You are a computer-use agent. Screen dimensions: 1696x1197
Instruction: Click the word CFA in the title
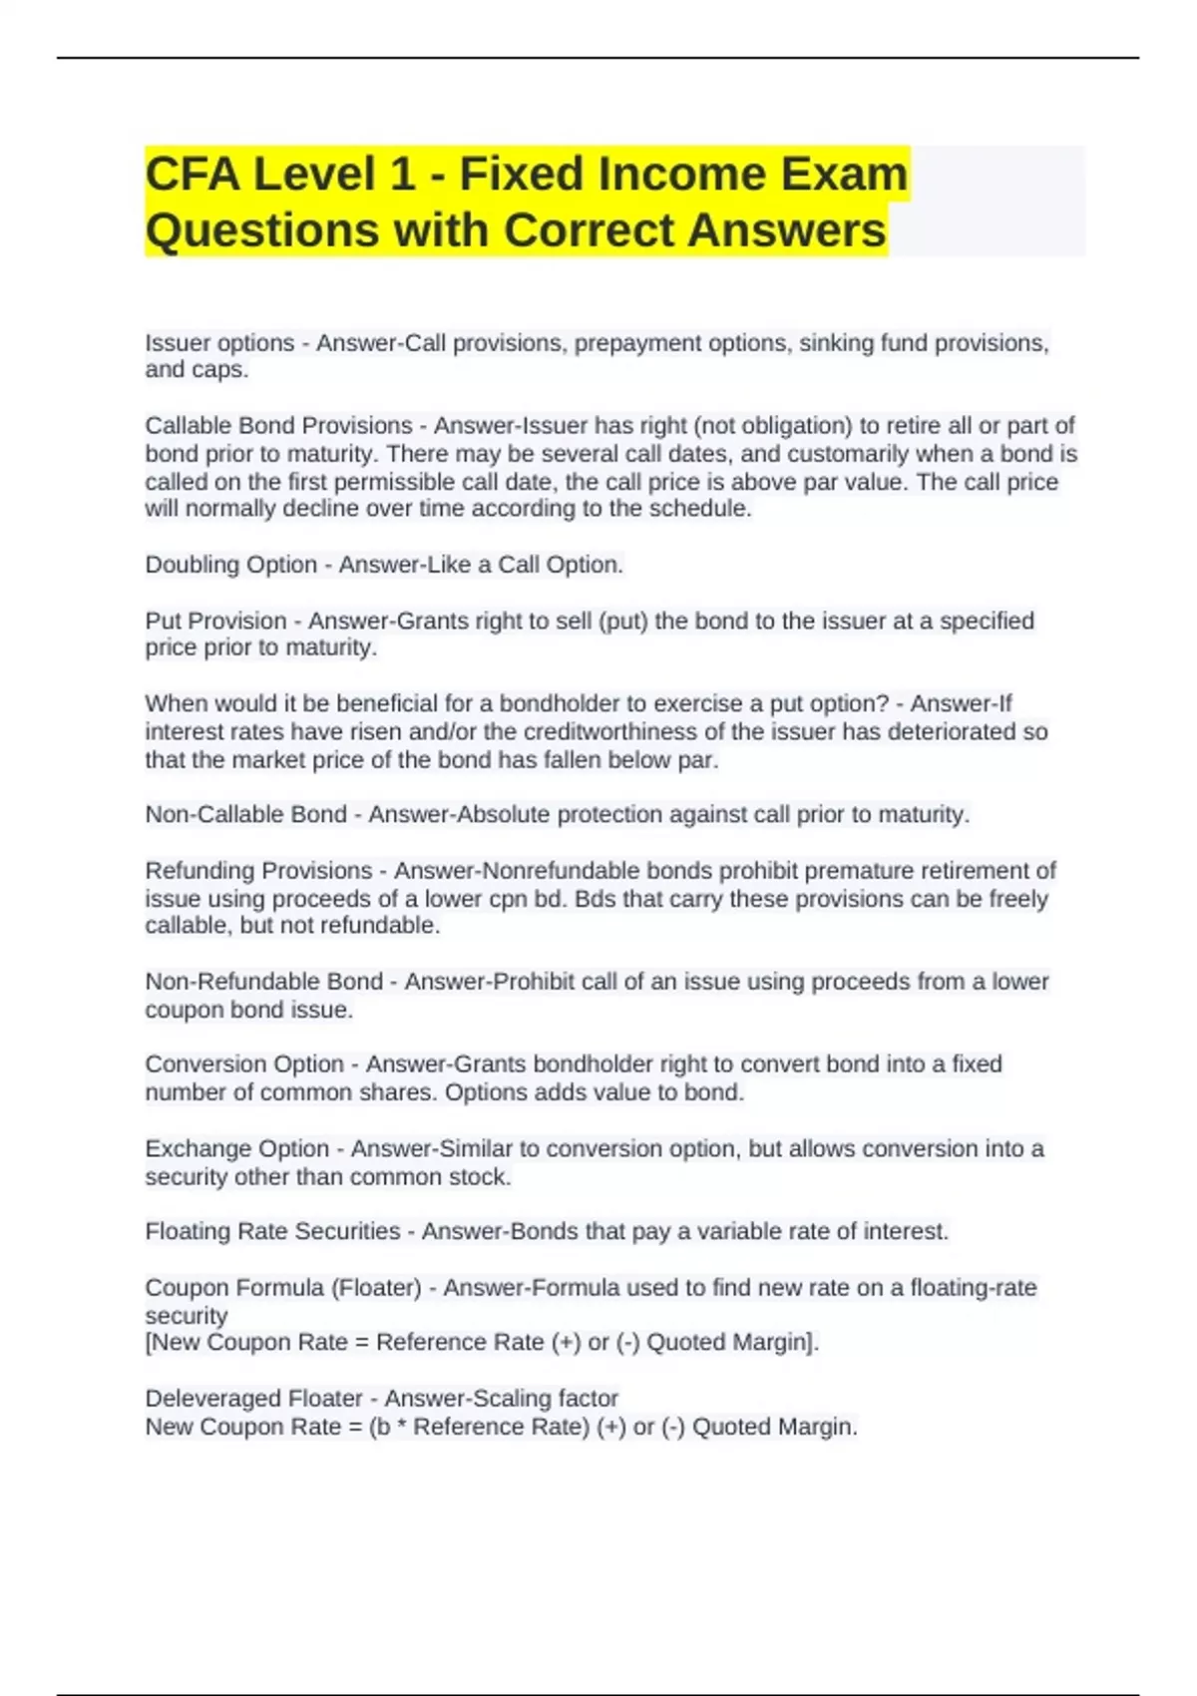tap(192, 175)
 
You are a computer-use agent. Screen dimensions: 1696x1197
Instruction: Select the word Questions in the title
tap(261, 230)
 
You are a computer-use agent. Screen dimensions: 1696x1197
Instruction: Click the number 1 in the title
tap(401, 175)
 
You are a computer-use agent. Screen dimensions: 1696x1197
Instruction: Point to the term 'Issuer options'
tap(219, 343)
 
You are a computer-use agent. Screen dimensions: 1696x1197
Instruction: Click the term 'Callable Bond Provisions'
tap(278, 426)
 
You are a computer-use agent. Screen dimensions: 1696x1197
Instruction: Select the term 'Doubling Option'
tap(230, 565)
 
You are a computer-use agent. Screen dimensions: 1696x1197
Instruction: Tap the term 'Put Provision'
tap(215, 621)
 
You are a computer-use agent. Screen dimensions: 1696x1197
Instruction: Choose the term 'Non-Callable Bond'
tap(245, 815)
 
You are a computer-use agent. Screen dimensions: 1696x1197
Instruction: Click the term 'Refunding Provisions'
tap(258, 871)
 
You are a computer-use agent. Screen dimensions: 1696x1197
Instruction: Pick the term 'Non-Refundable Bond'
tap(263, 982)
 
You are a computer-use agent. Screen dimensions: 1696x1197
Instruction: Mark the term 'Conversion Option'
tap(244, 1064)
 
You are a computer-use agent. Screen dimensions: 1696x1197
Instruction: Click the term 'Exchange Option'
tap(236, 1149)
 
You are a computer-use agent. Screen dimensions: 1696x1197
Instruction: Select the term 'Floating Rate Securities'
tap(272, 1232)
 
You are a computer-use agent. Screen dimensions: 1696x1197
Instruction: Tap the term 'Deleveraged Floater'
tap(253, 1399)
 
